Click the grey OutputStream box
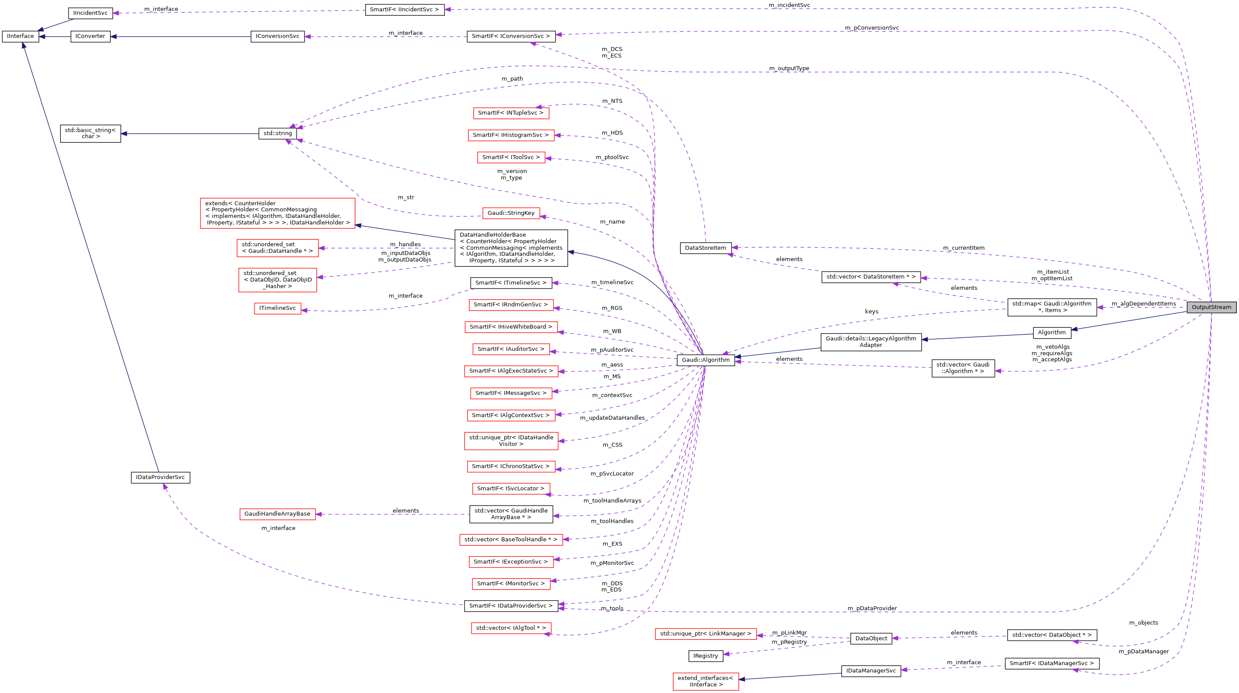(1211, 307)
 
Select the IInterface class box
(20, 36)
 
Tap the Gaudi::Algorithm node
(705, 360)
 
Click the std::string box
(278, 133)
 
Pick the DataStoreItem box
(705, 248)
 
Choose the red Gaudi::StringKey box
(511, 213)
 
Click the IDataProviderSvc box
(160, 478)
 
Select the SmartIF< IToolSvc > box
(511, 157)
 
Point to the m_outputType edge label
(789, 68)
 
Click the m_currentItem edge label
(964, 248)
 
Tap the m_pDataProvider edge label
(872, 608)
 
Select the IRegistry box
(705, 656)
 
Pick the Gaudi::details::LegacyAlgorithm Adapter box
(871, 342)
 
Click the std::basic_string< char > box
(90, 133)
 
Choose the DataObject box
(871, 639)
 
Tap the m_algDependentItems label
(1143, 304)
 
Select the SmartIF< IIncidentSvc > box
(404, 10)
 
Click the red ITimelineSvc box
(278, 308)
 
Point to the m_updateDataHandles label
(612, 418)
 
